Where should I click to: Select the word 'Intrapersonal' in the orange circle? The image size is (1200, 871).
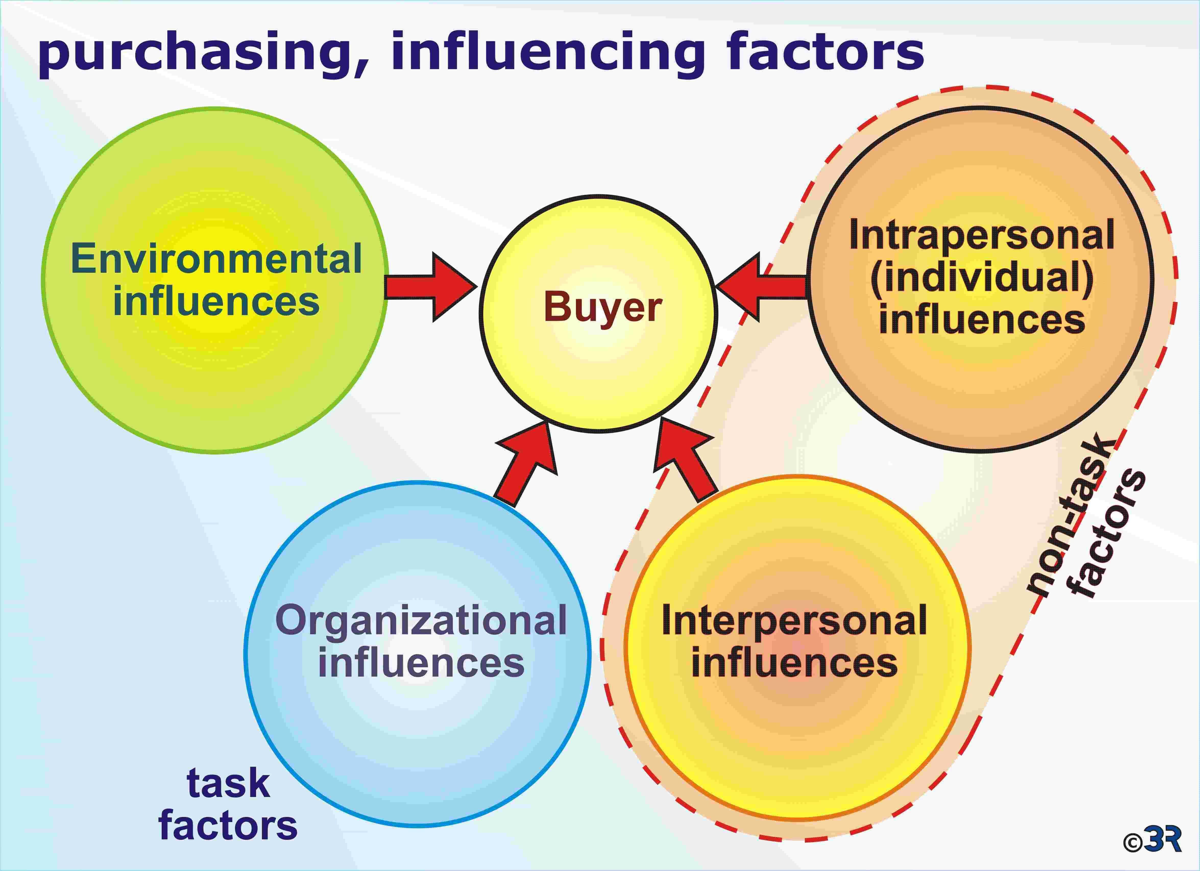tap(981, 235)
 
